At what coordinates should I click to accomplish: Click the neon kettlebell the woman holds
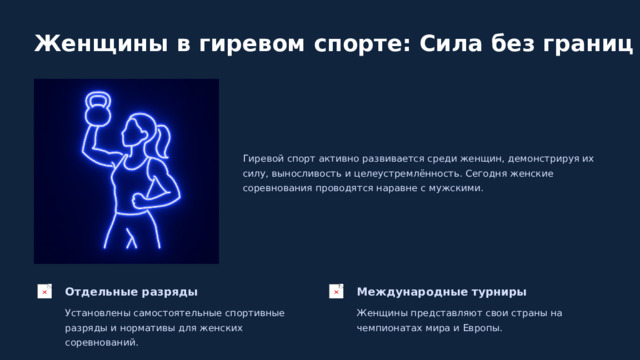[x=97, y=108]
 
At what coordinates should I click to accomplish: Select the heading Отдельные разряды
[x=131, y=292]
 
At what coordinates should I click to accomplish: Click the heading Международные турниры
[x=441, y=292]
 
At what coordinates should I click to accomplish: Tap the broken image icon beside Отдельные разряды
[x=45, y=291]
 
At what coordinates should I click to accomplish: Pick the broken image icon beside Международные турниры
[x=337, y=291]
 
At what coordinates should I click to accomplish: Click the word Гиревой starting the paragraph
[x=262, y=158]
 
